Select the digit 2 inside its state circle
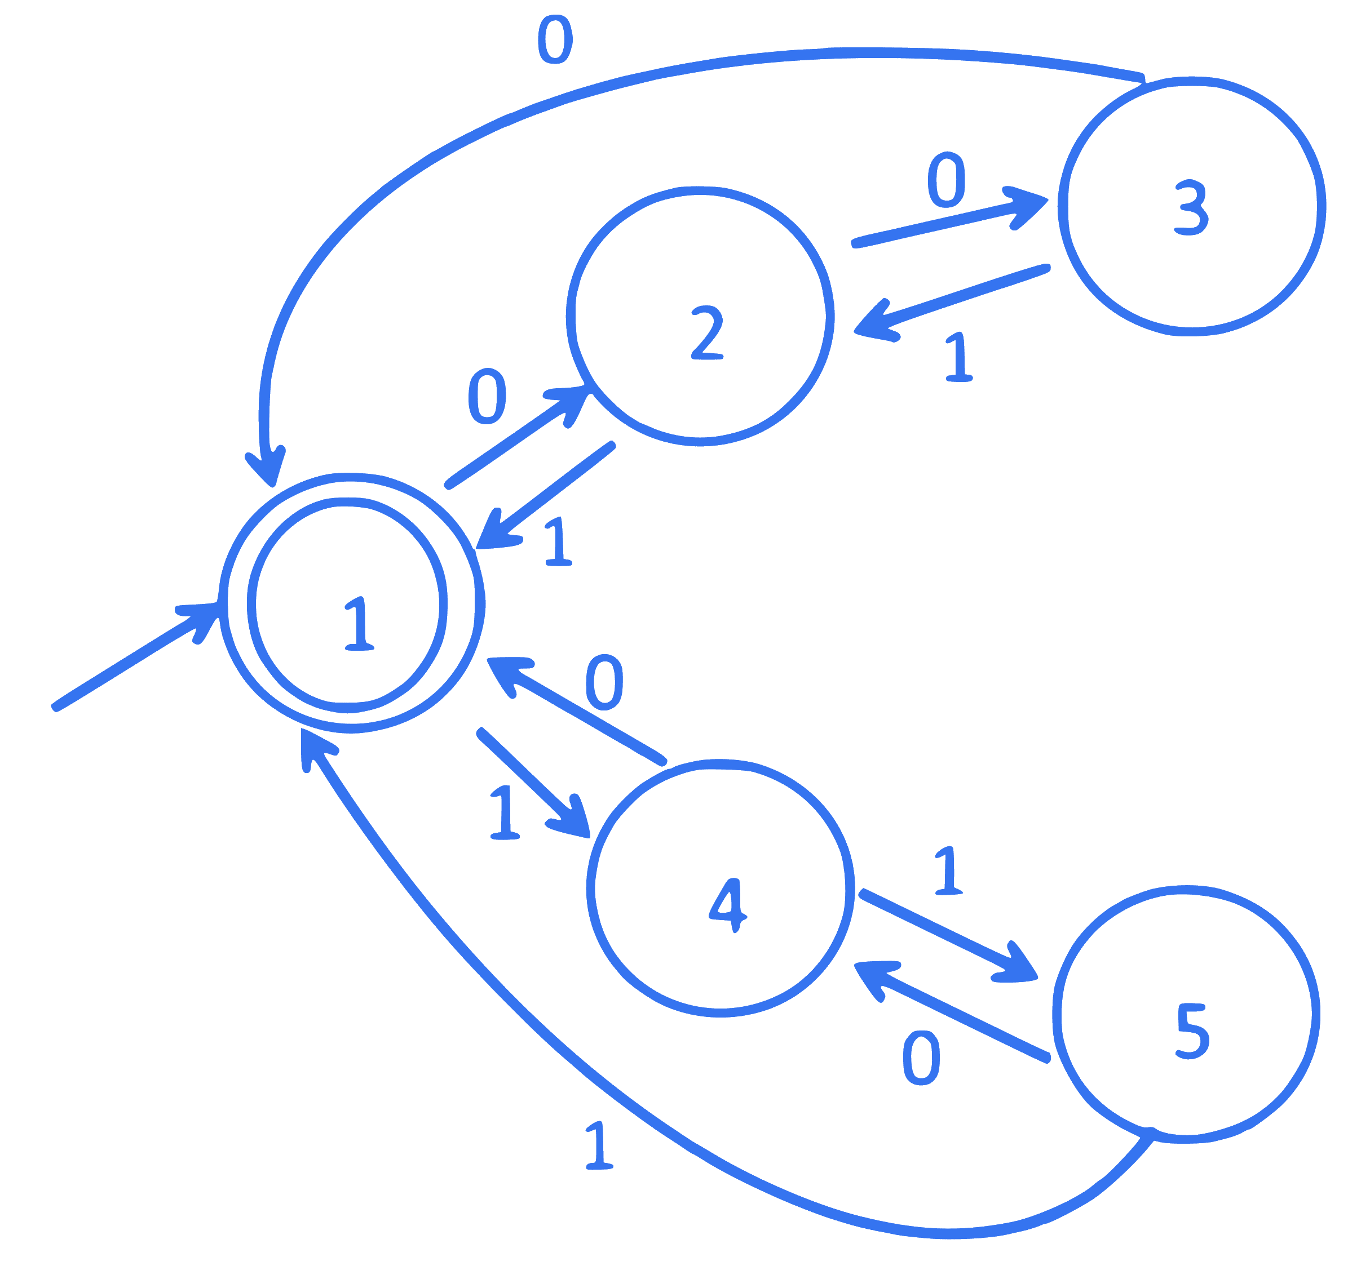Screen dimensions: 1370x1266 pos(708,333)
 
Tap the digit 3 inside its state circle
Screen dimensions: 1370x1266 pos(1191,207)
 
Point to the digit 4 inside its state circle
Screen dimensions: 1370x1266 pos(728,905)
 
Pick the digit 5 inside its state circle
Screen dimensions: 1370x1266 pos(1192,1031)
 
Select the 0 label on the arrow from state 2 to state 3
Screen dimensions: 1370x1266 pos(947,180)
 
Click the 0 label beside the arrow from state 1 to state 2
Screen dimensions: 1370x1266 pos(487,396)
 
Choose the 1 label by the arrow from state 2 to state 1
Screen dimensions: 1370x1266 pos(559,541)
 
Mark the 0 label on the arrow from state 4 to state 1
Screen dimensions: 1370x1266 pos(604,682)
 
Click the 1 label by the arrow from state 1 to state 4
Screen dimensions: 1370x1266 pos(505,812)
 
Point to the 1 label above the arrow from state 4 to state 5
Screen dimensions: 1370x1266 pos(948,870)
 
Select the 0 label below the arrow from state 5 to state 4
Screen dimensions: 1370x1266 pos(921,1059)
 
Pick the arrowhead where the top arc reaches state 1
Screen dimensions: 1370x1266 pos(266,467)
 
